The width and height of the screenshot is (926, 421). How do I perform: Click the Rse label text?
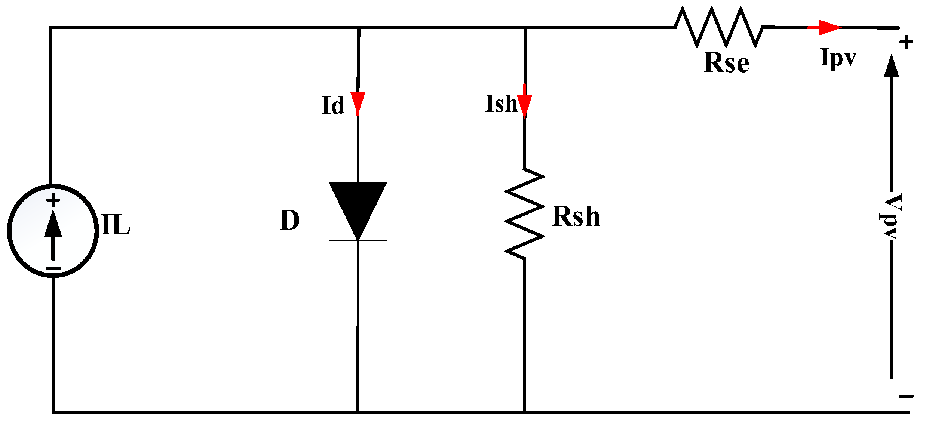[x=726, y=62]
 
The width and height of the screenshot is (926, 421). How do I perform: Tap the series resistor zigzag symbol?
[x=718, y=27]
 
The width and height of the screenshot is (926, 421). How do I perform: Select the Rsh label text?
[x=576, y=216]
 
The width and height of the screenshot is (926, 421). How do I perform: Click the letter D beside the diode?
[x=289, y=220]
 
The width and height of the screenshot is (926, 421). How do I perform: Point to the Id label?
[x=332, y=105]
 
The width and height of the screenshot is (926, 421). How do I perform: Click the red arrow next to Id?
[x=358, y=103]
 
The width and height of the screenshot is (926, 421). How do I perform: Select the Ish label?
[x=501, y=104]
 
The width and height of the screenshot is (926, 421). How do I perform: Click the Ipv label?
[x=838, y=58]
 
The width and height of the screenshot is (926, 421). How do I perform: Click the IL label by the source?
[x=115, y=225]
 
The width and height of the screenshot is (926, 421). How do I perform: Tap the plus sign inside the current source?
[x=53, y=200]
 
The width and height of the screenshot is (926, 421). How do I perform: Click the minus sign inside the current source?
[x=53, y=268]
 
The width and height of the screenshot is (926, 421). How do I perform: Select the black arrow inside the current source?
[x=53, y=234]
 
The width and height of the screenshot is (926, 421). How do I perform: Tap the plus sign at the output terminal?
[x=906, y=42]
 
